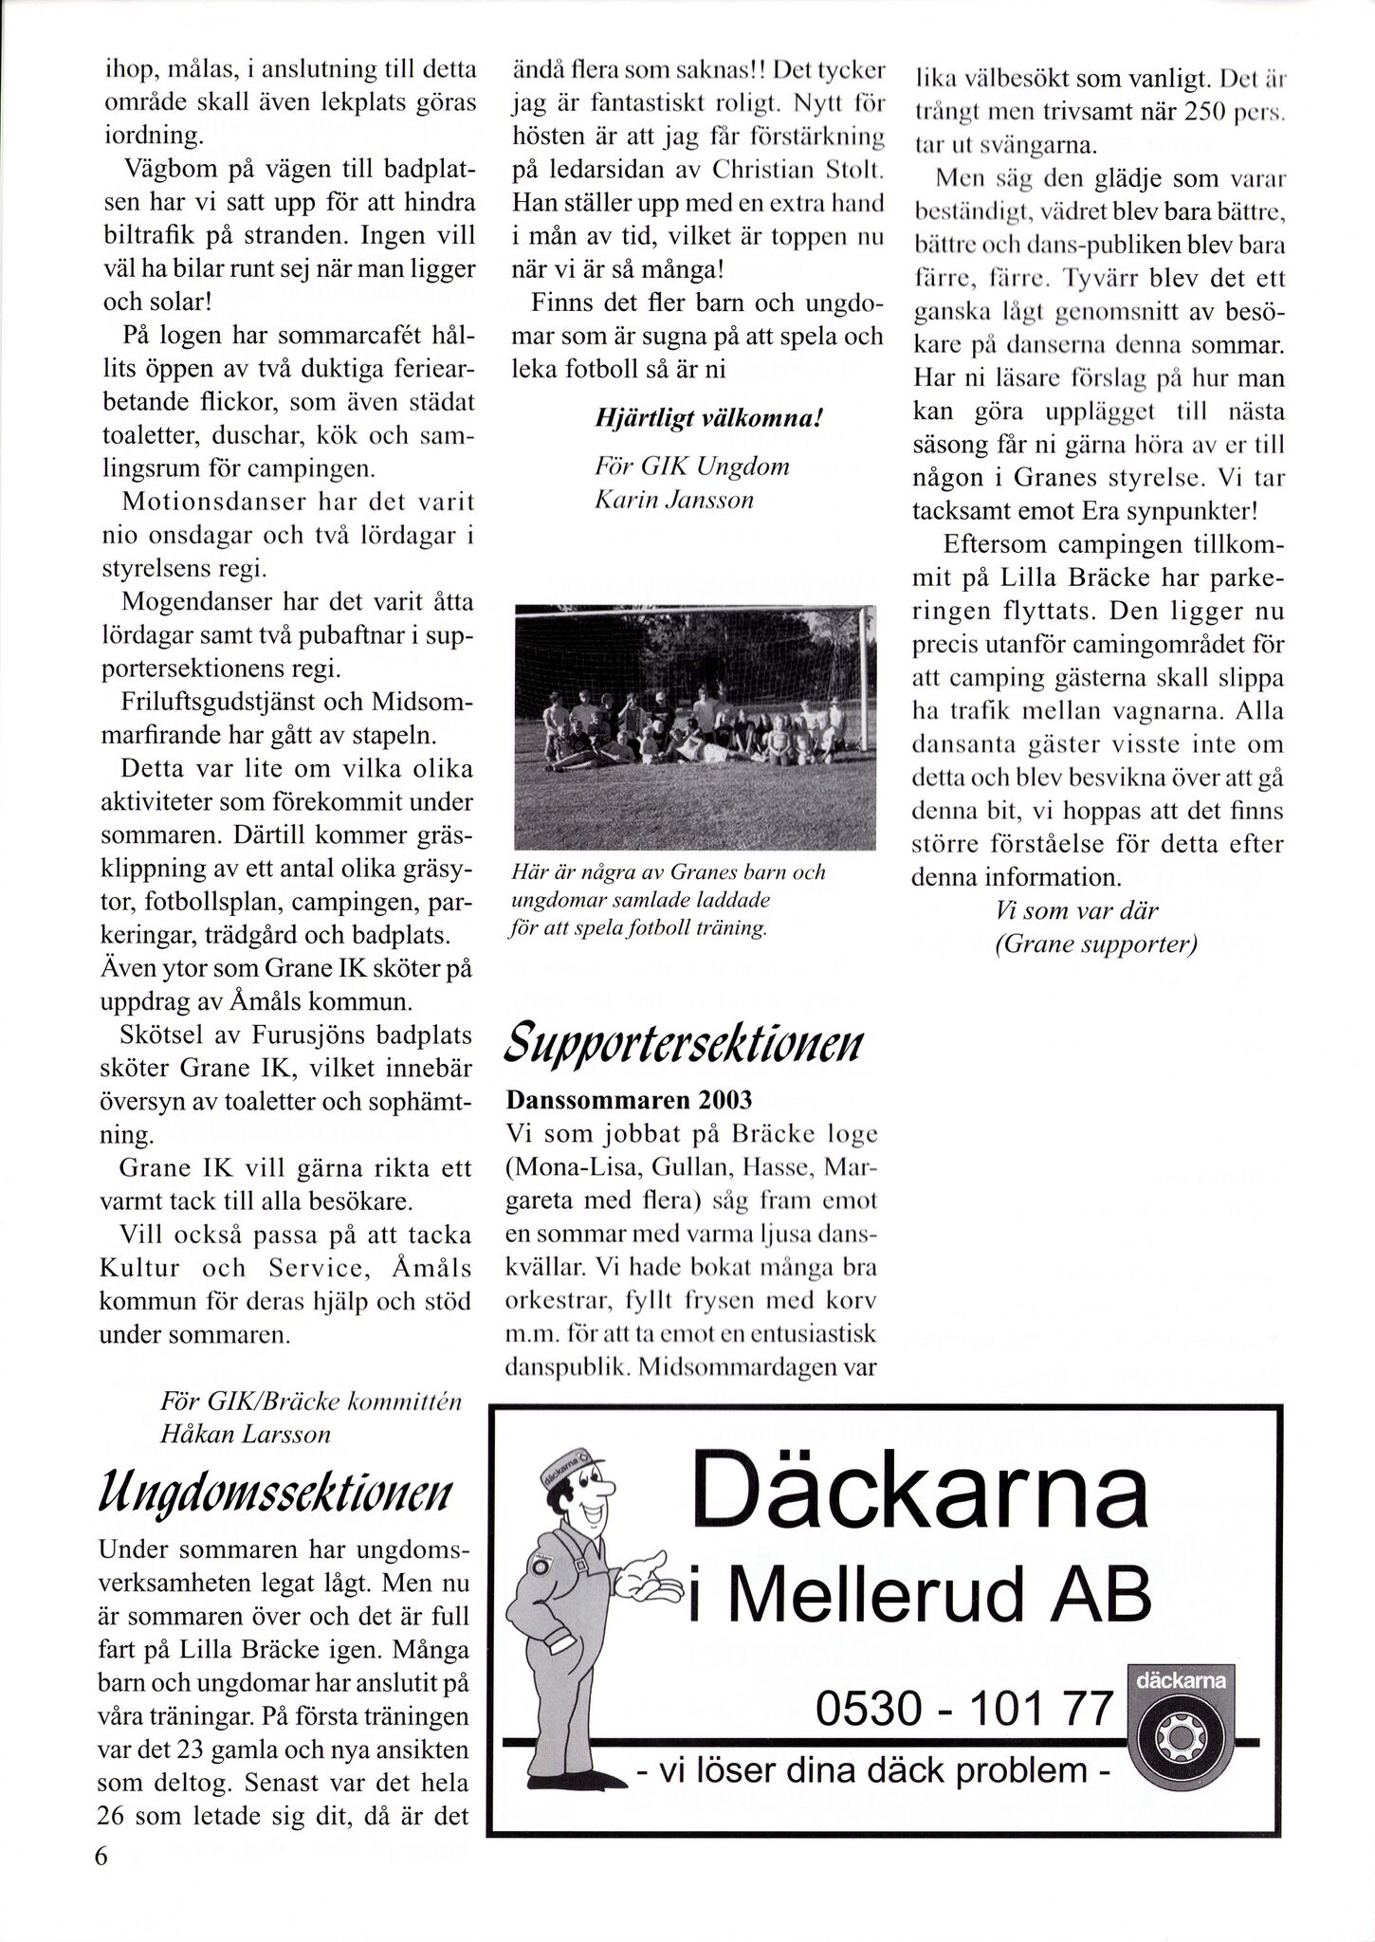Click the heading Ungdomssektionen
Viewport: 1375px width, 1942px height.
click(276, 1495)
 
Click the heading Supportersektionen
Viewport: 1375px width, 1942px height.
click(684, 1042)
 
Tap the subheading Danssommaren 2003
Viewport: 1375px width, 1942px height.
click(630, 1100)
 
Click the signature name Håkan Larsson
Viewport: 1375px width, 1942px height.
click(245, 1434)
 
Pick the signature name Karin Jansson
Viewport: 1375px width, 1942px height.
click(673, 500)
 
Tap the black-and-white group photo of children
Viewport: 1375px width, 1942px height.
click(694, 726)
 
